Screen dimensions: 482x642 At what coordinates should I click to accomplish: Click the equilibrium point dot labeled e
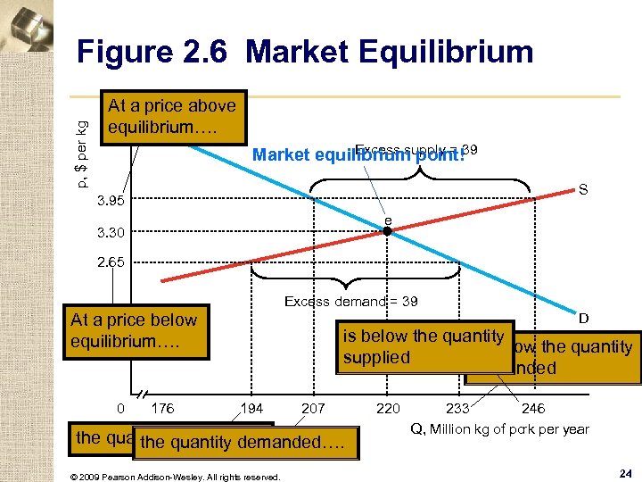[388, 232]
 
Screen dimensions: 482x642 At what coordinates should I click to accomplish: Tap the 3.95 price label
[113, 201]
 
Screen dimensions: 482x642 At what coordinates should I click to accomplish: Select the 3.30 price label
[113, 233]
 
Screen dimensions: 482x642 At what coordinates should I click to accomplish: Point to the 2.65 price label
[113, 263]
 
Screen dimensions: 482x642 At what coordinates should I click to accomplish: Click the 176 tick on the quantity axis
[163, 409]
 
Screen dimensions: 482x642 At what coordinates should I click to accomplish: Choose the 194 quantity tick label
[253, 409]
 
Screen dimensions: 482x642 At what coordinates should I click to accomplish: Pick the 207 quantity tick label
[314, 409]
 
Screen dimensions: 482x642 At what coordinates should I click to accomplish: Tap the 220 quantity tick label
[388, 409]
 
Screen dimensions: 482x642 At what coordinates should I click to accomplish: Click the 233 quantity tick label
[457, 409]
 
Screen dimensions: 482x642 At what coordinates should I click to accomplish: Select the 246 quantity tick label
[533, 409]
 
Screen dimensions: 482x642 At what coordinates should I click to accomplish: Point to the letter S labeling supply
[582, 190]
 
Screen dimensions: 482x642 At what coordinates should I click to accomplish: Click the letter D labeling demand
[583, 318]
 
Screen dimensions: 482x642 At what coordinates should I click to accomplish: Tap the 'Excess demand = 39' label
[350, 302]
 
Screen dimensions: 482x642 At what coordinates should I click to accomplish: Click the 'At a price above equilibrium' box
[172, 116]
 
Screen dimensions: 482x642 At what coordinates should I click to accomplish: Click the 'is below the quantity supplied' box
[424, 346]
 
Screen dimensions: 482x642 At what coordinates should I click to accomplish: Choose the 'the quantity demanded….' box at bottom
[247, 442]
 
